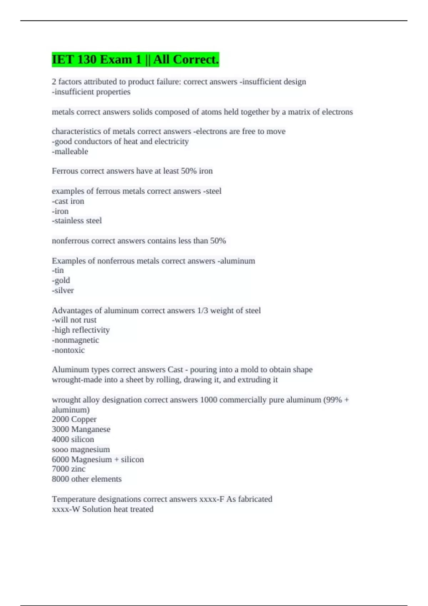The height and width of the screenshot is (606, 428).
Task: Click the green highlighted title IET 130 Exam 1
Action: [135, 60]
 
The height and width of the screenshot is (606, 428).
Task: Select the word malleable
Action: [70, 151]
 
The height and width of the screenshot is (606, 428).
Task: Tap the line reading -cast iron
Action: [68, 201]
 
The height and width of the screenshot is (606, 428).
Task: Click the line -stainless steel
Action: [77, 221]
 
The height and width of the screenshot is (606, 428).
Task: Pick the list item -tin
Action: [58, 271]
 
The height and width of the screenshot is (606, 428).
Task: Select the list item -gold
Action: [61, 281]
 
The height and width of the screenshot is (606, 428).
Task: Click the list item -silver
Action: [63, 291]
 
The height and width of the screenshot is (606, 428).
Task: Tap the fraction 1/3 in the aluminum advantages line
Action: [202, 310]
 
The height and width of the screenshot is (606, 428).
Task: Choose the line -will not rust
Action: [74, 320]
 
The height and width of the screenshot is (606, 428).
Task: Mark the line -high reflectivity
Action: [81, 330]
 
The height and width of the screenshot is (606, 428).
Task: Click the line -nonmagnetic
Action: [75, 340]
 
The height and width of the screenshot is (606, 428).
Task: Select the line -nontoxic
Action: [68, 350]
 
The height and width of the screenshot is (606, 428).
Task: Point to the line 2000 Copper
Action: [74, 419]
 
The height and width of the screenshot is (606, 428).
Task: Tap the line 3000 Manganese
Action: [81, 429]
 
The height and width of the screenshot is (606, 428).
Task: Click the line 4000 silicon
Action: [73, 439]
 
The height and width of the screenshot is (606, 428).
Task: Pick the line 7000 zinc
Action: [68, 469]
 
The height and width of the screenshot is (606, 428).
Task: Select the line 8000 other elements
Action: [87, 479]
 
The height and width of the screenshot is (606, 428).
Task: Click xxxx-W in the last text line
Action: [66, 509]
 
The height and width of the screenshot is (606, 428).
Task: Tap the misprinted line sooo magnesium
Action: [81, 450]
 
